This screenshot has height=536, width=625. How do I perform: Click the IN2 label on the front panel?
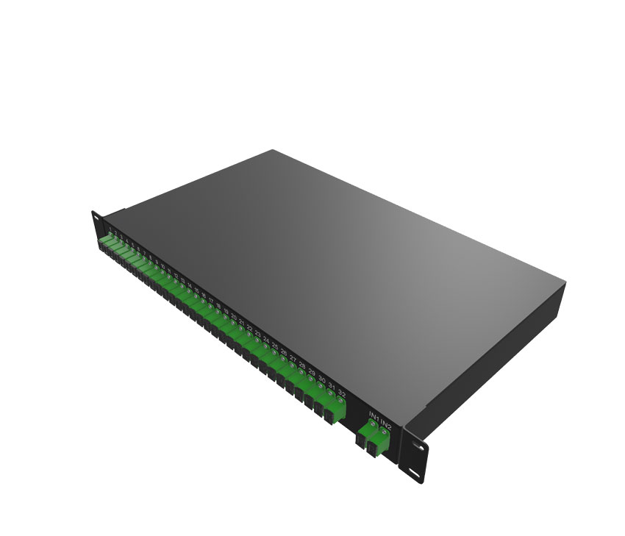[x=387, y=425]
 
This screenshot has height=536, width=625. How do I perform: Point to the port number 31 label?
[x=332, y=387]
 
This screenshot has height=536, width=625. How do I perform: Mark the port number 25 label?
[x=275, y=347]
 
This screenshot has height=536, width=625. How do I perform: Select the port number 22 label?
[x=249, y=329]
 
